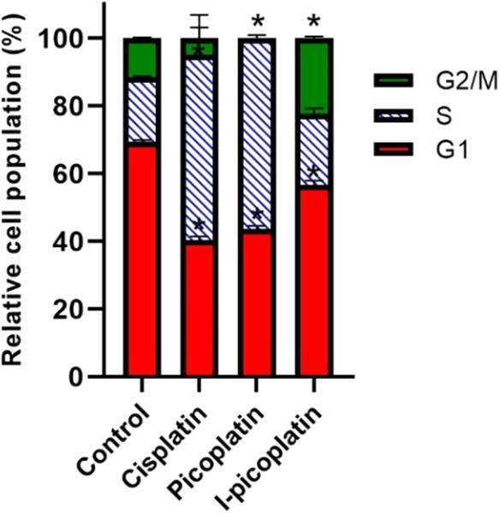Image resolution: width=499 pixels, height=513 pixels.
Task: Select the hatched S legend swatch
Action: [393, 115]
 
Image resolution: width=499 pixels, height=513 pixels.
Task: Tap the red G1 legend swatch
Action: [393, 150]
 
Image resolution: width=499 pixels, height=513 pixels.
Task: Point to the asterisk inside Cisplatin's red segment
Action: [199, 226]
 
